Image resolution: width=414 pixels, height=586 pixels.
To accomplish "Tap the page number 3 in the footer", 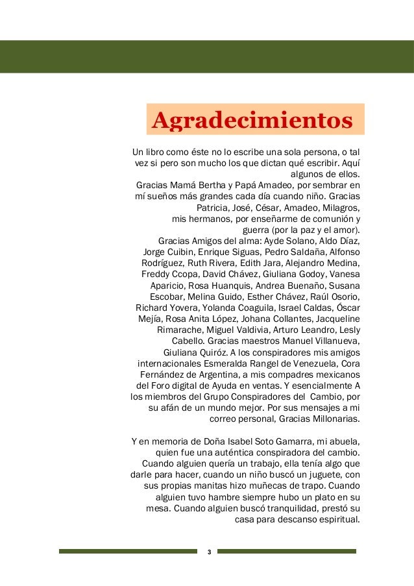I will pos(208,552).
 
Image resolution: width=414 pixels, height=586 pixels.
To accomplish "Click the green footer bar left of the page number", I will pos(127,552).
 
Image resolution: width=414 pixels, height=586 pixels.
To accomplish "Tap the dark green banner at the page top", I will pos(207,56).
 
